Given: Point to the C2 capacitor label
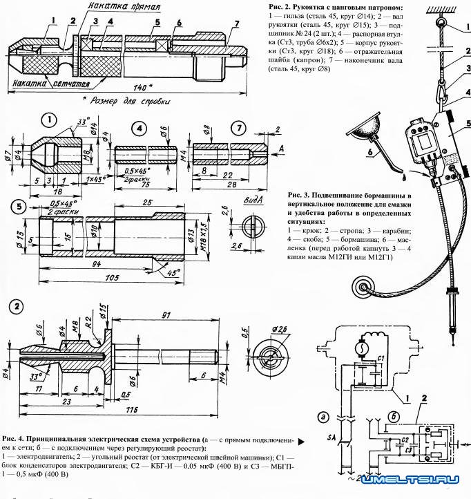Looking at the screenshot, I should pyautogui.click(x=407, y=440).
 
